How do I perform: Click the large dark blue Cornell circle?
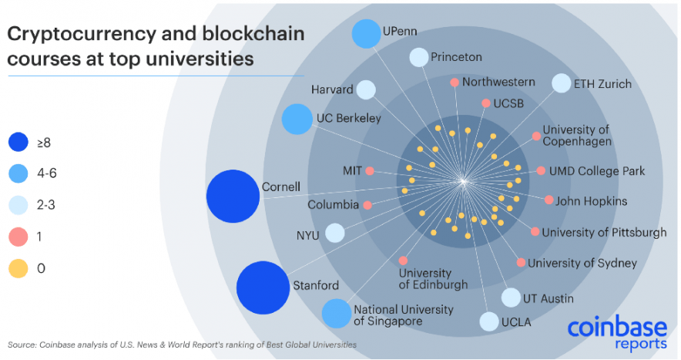233,196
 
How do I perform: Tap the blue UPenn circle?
366,33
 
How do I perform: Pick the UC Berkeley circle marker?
297,119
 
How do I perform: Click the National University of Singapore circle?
336,314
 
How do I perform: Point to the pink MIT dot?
370,170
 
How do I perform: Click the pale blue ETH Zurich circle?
562,83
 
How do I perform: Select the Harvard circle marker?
367,90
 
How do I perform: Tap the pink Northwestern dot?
455,82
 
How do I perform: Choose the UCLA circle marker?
489,321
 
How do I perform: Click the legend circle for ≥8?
19,143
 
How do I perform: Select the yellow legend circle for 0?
19,268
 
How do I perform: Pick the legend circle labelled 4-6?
19,174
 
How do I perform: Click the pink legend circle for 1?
19,237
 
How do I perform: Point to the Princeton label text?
456,57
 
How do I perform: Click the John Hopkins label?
591,201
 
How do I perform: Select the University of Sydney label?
582,263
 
